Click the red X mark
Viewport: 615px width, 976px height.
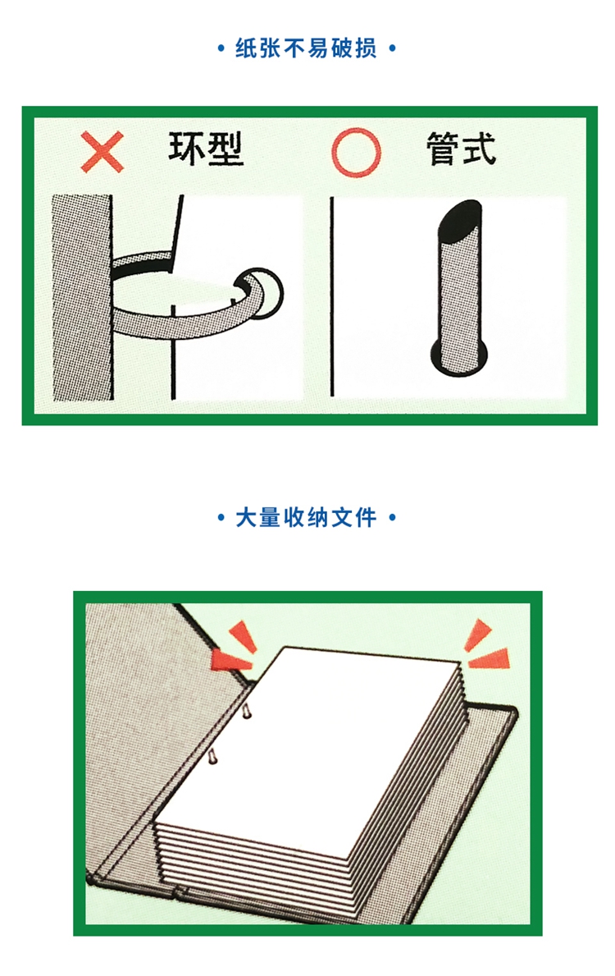(102, 151)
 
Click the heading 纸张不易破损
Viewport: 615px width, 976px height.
(306, 48)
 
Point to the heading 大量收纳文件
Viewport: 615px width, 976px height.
(306, 517)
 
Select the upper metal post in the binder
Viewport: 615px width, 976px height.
(246, 709)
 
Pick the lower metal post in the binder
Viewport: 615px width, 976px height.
(212, 756)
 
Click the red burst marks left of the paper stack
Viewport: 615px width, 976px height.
(233, 650)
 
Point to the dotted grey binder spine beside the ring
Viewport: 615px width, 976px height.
(83, 297)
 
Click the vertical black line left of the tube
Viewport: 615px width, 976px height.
(332, 297)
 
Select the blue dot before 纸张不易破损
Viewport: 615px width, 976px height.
(221, 48)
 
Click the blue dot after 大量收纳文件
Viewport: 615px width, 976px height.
(392, 517)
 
